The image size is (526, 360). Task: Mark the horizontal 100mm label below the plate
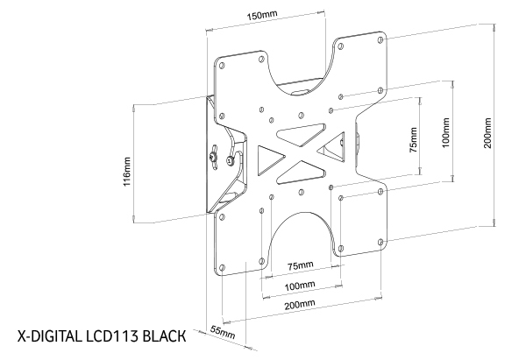(300, 285)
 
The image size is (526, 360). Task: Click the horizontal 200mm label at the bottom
(300, 303)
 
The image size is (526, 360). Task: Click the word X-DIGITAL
(47, 335)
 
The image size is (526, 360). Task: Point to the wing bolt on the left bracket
(213, 158)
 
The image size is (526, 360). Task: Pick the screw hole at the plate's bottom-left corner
(223, 266)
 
